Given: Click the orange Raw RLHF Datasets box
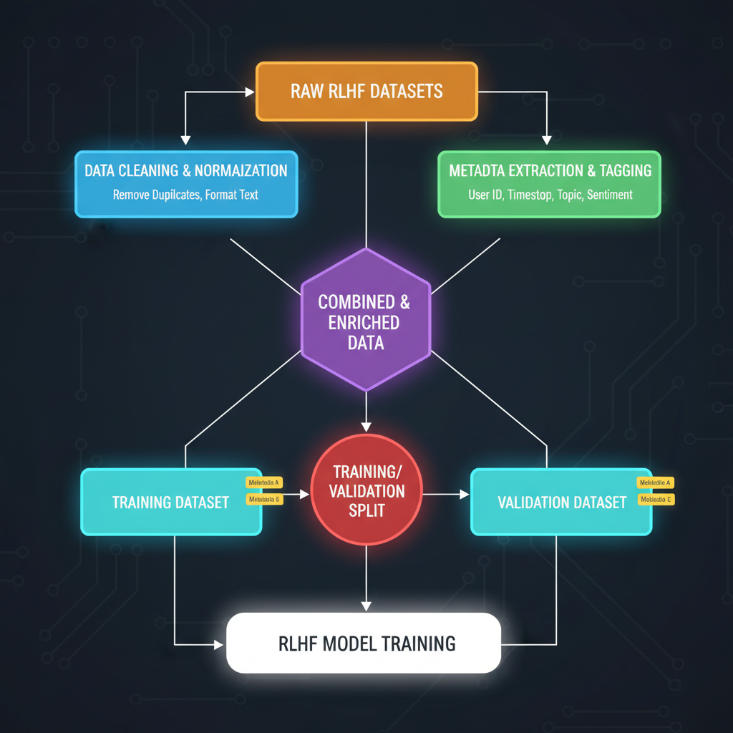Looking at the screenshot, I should pos(366,91).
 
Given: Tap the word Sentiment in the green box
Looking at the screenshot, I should pos(610,194).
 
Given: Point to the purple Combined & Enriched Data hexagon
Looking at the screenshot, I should pos(365,319).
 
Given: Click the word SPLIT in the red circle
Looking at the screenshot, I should pos(367,511).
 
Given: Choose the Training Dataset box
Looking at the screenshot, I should pos(170,502).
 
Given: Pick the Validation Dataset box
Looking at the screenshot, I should pos(561,502).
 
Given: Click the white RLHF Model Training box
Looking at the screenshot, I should pos(363,643).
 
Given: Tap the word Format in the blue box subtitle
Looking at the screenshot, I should pos(222,194).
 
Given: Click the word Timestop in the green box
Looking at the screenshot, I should pos(531,194).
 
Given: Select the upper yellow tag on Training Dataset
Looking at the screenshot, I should pos(262,483).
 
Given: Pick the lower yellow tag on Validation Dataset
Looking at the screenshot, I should pos(656,499).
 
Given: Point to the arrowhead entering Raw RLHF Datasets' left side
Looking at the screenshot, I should pos(250,92).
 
